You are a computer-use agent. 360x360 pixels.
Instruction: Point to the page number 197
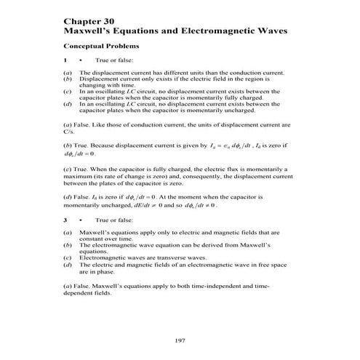coord(180,340)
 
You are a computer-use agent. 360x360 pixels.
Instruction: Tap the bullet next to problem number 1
coord(79,60)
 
